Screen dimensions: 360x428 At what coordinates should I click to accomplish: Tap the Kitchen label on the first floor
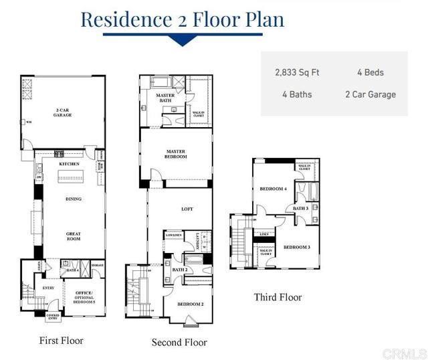[x=70, y=163]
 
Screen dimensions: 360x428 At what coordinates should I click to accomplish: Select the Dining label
[x=73, y=199]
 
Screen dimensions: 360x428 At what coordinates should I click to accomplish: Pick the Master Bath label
[x=165, y=98]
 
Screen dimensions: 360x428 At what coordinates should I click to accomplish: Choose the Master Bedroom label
[x=176, y=154]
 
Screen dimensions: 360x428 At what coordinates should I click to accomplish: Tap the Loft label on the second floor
[x=187, y=209]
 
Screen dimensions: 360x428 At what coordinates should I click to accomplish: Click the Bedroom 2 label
[x=191, y=304]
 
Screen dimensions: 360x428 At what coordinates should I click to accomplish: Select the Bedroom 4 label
[x=274, y=189]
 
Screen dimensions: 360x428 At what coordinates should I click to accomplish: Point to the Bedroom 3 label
[x=296, y=247]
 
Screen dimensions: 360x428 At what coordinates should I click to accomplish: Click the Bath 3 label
[x=300, y=208]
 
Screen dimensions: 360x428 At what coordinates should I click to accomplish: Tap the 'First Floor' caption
[x=62, y=341]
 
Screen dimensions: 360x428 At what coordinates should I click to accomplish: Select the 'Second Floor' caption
[x=179, y=343]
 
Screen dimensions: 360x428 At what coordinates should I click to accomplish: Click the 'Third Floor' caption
[x=278, y=297]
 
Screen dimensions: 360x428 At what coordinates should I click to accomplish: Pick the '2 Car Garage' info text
[x=370, y=94]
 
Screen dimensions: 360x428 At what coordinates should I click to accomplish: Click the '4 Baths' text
[x=297, y=94]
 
